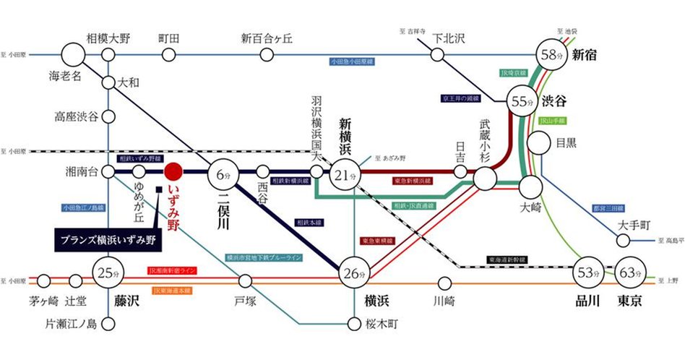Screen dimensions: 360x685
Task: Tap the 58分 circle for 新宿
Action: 553,54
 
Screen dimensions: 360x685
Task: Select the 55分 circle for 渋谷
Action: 522,100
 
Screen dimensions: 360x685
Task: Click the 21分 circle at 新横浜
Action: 345,174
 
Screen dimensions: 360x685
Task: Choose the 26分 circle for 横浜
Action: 352,272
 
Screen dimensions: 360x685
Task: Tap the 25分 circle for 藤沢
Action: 106,274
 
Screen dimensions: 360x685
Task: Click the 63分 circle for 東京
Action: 629,274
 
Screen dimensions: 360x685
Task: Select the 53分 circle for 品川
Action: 587,273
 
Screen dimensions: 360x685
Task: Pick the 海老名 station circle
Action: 73,55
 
